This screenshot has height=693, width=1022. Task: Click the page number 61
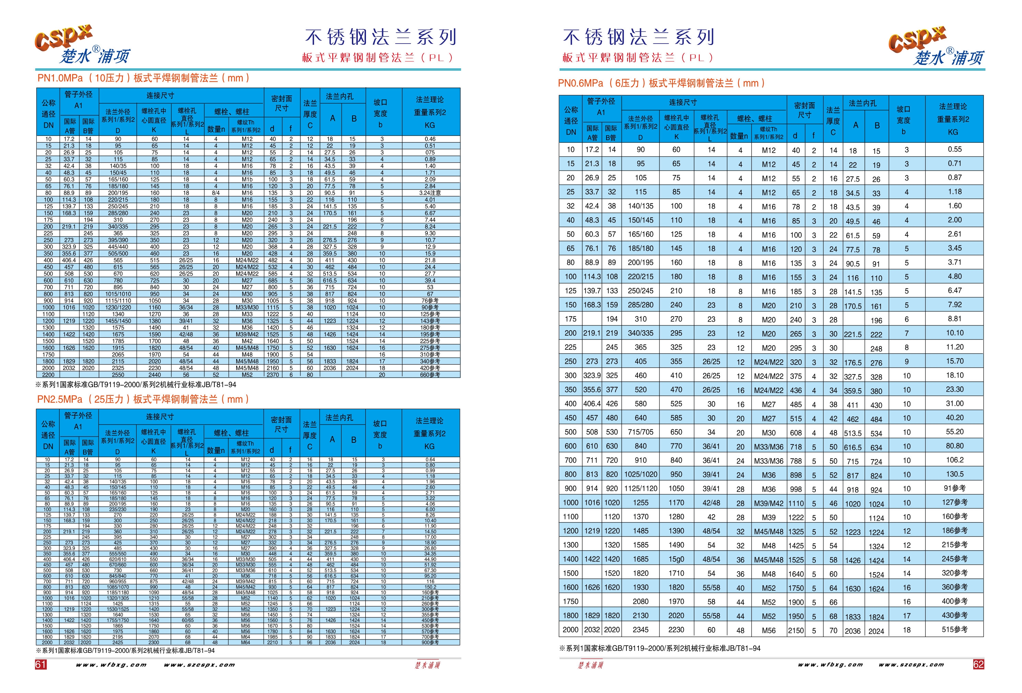(x=41, y=665)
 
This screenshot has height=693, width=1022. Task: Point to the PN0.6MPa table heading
(x=662, y=83)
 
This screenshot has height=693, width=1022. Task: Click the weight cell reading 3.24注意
(x=430, y=193)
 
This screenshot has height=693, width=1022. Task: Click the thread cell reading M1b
(x=247, y=180)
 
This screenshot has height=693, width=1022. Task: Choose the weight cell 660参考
(x=430, y=374)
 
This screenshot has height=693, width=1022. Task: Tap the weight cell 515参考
(x=954, y=629)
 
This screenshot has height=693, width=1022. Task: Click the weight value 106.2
(x=954, y=460)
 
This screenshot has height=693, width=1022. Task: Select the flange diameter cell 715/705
(x=640, y=432)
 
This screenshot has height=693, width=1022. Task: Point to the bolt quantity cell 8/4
(x=216, y=193)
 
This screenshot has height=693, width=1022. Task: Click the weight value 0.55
(x=954, y=150)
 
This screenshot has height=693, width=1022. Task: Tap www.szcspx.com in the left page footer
(x=199, y=665)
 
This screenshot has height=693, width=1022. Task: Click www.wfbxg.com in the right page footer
(x=830, y=665)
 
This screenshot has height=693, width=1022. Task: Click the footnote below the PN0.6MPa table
(x=659, y=648)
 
